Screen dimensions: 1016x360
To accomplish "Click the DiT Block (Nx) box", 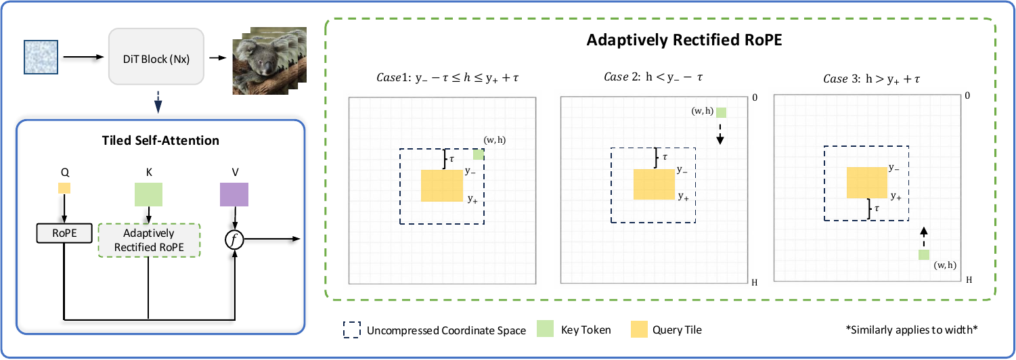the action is tap(156, 57).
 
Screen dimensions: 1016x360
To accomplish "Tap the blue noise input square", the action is tap(41, 57).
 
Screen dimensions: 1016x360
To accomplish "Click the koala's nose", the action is tap(267, 68).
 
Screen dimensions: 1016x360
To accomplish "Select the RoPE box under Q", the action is tap(64, 233).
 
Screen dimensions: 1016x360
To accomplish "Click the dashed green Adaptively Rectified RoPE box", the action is tap(149, 240).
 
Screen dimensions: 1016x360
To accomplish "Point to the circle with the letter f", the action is tap(234, 240).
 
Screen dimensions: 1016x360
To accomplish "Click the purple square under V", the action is tap(234, 194).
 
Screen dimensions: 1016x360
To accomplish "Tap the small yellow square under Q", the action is tap(64, 188).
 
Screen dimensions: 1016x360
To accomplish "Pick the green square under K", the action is tap(148, 194).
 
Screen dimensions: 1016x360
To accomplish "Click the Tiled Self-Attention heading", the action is tap(160, 141).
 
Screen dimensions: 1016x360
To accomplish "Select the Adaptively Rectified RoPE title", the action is tap(684, 40).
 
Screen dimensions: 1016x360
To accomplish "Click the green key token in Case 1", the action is tap(479, 154).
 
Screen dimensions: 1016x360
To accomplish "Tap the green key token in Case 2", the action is tap(721, 112).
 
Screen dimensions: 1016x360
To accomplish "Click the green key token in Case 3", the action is tap(924, 255).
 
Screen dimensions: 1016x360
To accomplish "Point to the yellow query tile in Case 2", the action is tap(654, 184).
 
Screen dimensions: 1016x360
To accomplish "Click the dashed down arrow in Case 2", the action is tap(720, 134).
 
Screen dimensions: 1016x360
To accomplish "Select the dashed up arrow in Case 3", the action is tap(924, 237).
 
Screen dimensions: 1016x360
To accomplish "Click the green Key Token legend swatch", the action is tap(545, 329).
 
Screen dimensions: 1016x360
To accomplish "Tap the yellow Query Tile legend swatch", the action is tap(639, 330).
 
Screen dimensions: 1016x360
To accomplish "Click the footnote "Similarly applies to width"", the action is tap(912, 330).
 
